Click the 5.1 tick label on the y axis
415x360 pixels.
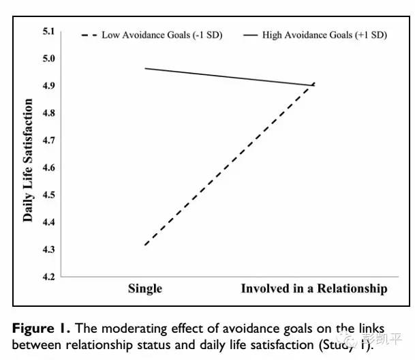pos(48,31)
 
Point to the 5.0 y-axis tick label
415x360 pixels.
pos(48,59)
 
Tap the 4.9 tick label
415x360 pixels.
pos(48,86)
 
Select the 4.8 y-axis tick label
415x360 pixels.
pos(48,113)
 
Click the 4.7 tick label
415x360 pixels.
pos(48,140)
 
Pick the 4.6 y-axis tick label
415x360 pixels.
pos(48,168)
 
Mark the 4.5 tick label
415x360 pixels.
pos(48,195)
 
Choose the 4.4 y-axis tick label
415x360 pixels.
pos(48,222)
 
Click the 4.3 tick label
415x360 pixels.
pos(48,250)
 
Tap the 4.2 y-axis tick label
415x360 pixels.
pos(48,277)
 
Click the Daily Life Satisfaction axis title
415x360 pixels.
pos(29,160)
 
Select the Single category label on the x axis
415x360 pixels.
pos(145,288)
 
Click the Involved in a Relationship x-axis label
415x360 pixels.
pos(314,288)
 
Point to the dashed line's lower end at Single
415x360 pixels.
pos(146,245)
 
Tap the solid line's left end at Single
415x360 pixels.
pos(146,68)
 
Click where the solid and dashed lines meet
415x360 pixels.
pos(313,85)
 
